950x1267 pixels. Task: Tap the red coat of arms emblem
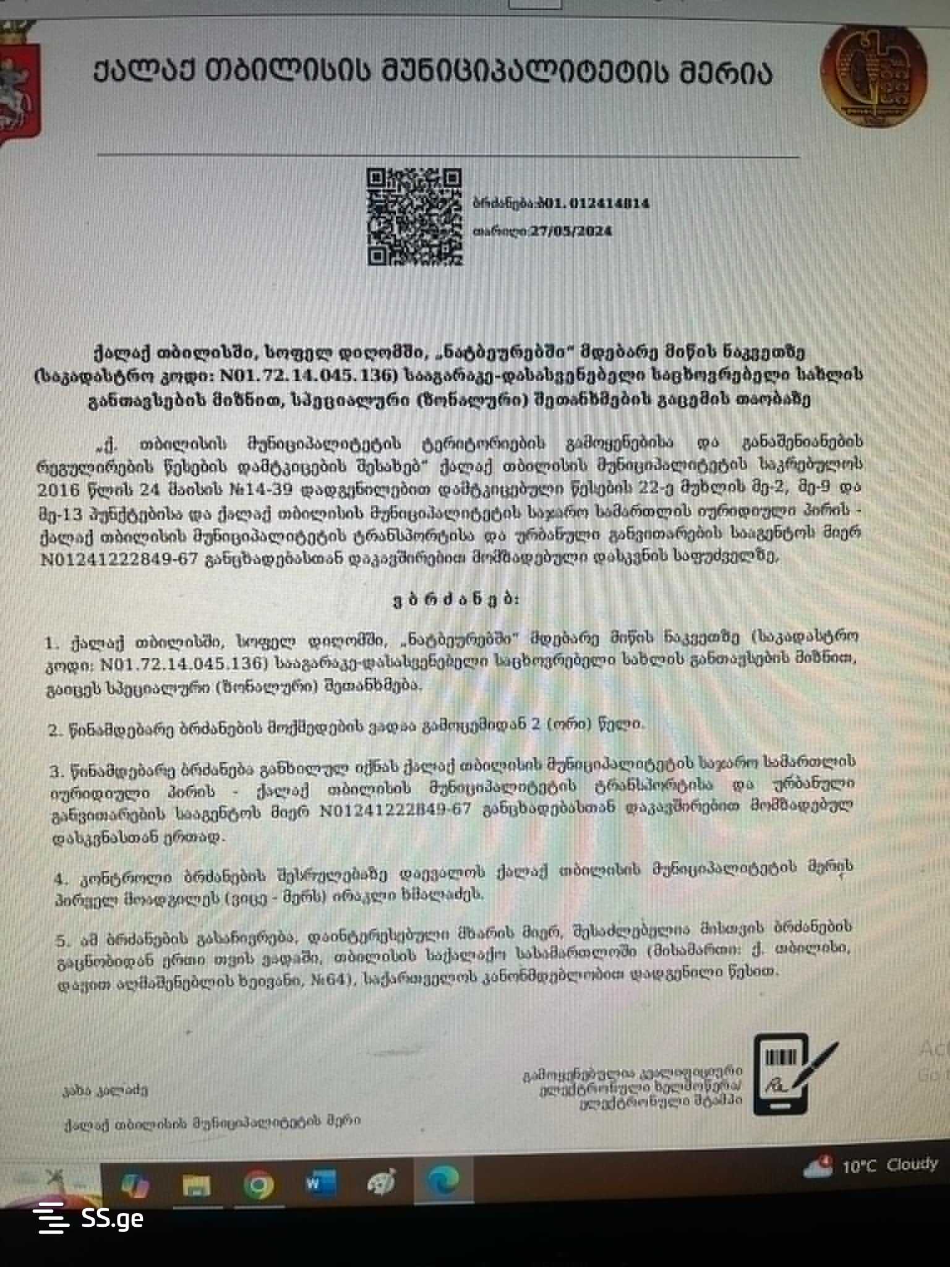coord(19,87)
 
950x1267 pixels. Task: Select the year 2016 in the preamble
coord(59,491)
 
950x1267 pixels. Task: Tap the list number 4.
coord(60,879)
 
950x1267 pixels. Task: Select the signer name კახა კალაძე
coord(105,1089)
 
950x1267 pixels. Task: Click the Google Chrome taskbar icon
coord(259,1184)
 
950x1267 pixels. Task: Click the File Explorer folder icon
coord(197,1184)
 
